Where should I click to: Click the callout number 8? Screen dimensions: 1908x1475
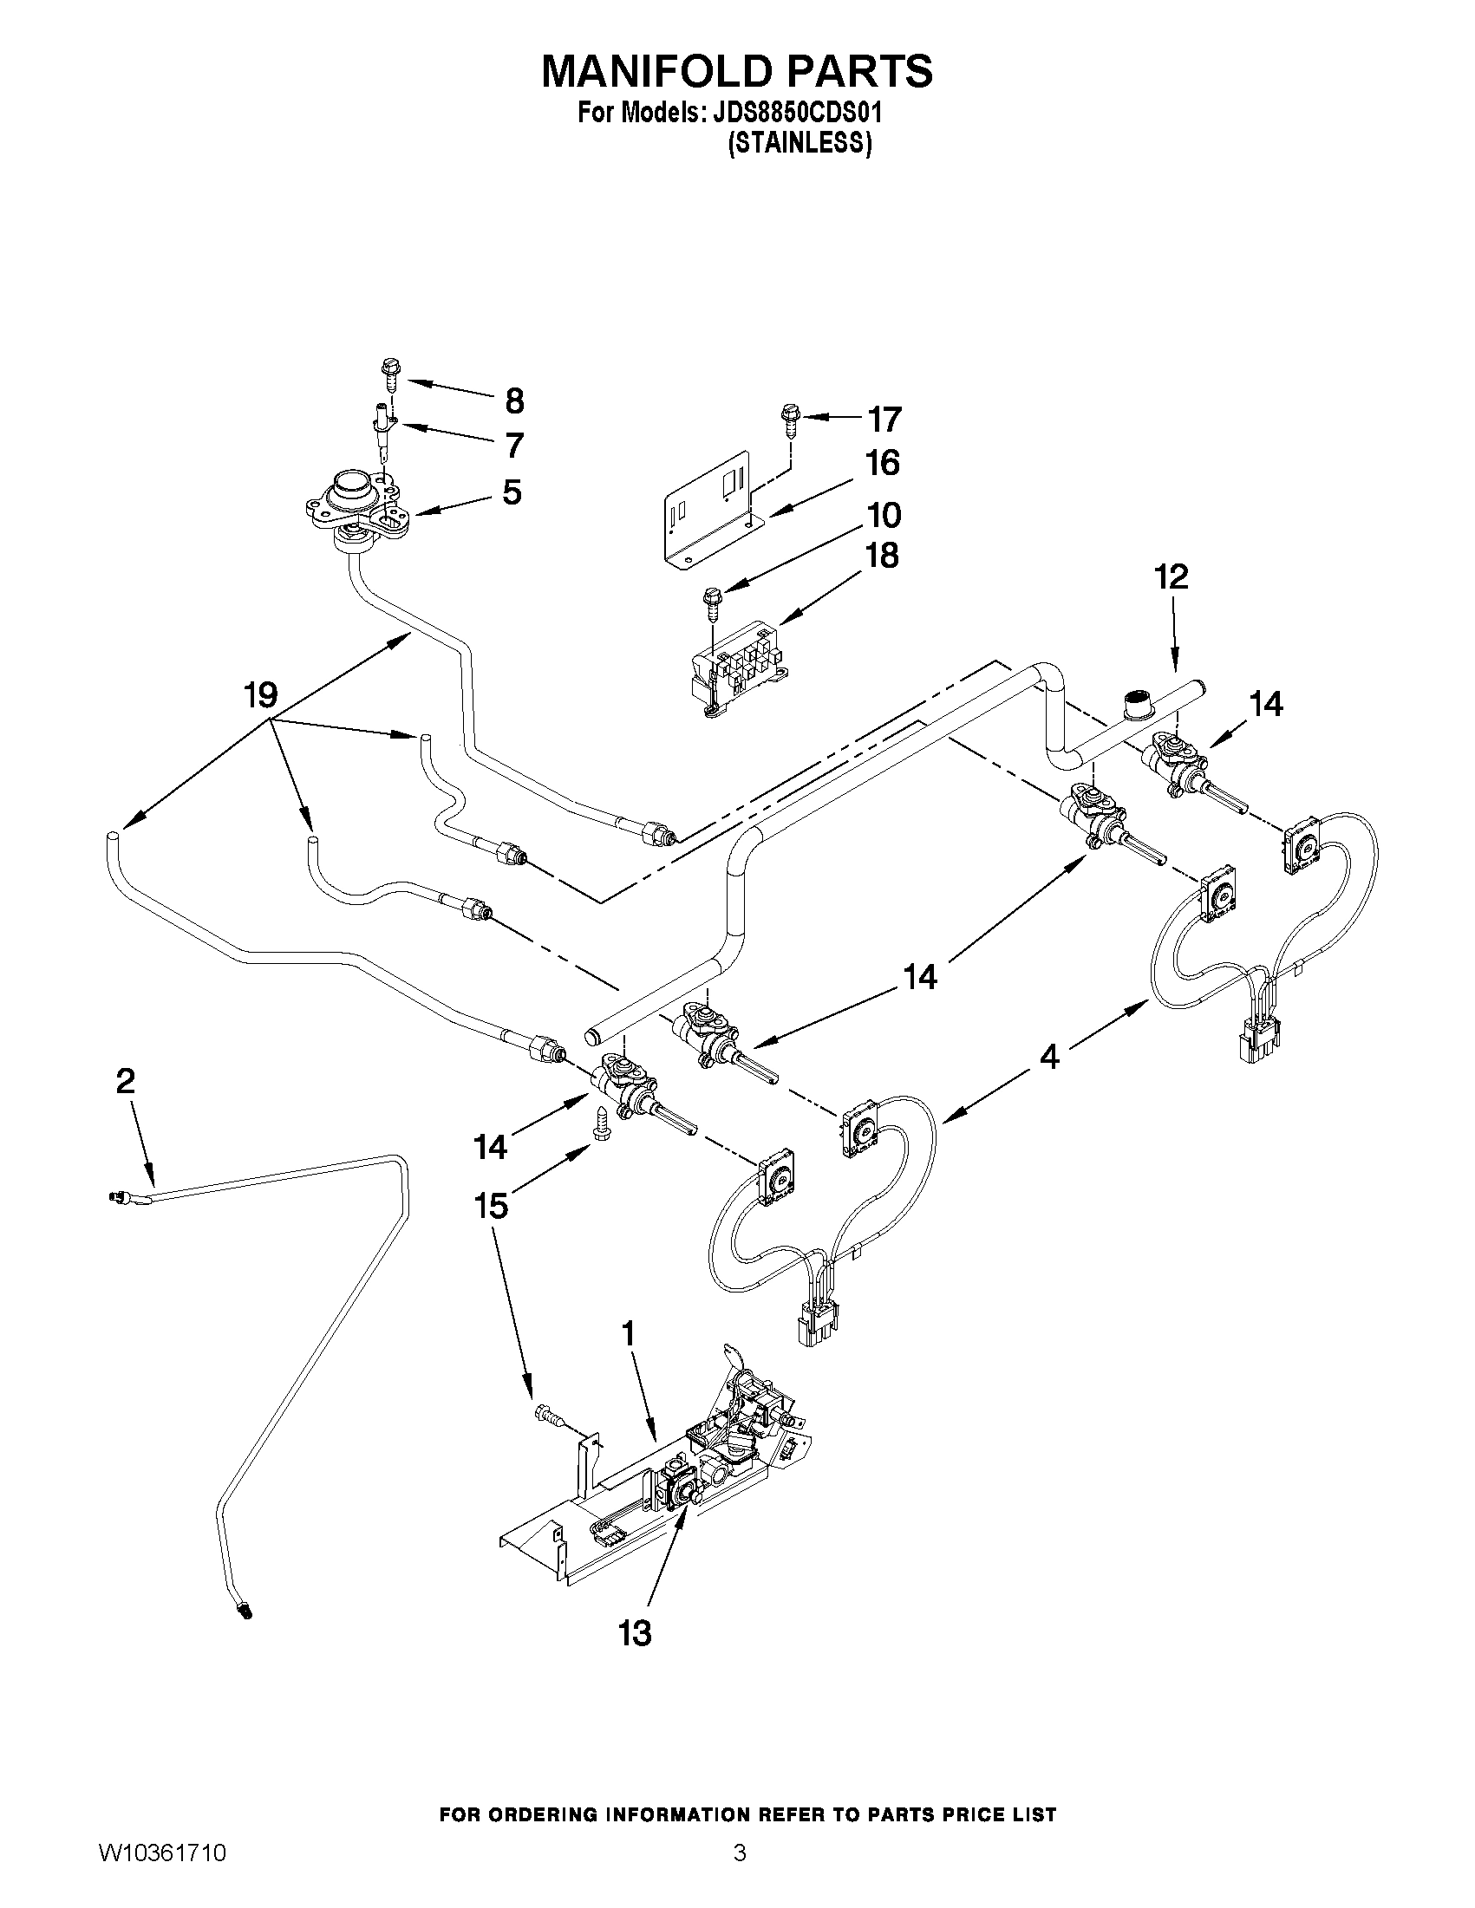[515, 401]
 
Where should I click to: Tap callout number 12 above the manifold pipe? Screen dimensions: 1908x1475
[1171, 576]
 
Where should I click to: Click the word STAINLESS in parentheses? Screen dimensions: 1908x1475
[800, 143]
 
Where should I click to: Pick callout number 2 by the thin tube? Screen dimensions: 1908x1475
[126, 1082]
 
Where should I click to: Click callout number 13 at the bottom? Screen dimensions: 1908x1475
[636, 1632]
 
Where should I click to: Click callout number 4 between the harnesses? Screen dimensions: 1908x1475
[1049, 1057]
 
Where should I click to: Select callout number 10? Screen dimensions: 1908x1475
[884, 515]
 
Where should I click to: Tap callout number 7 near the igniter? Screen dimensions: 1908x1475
[514, 446]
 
